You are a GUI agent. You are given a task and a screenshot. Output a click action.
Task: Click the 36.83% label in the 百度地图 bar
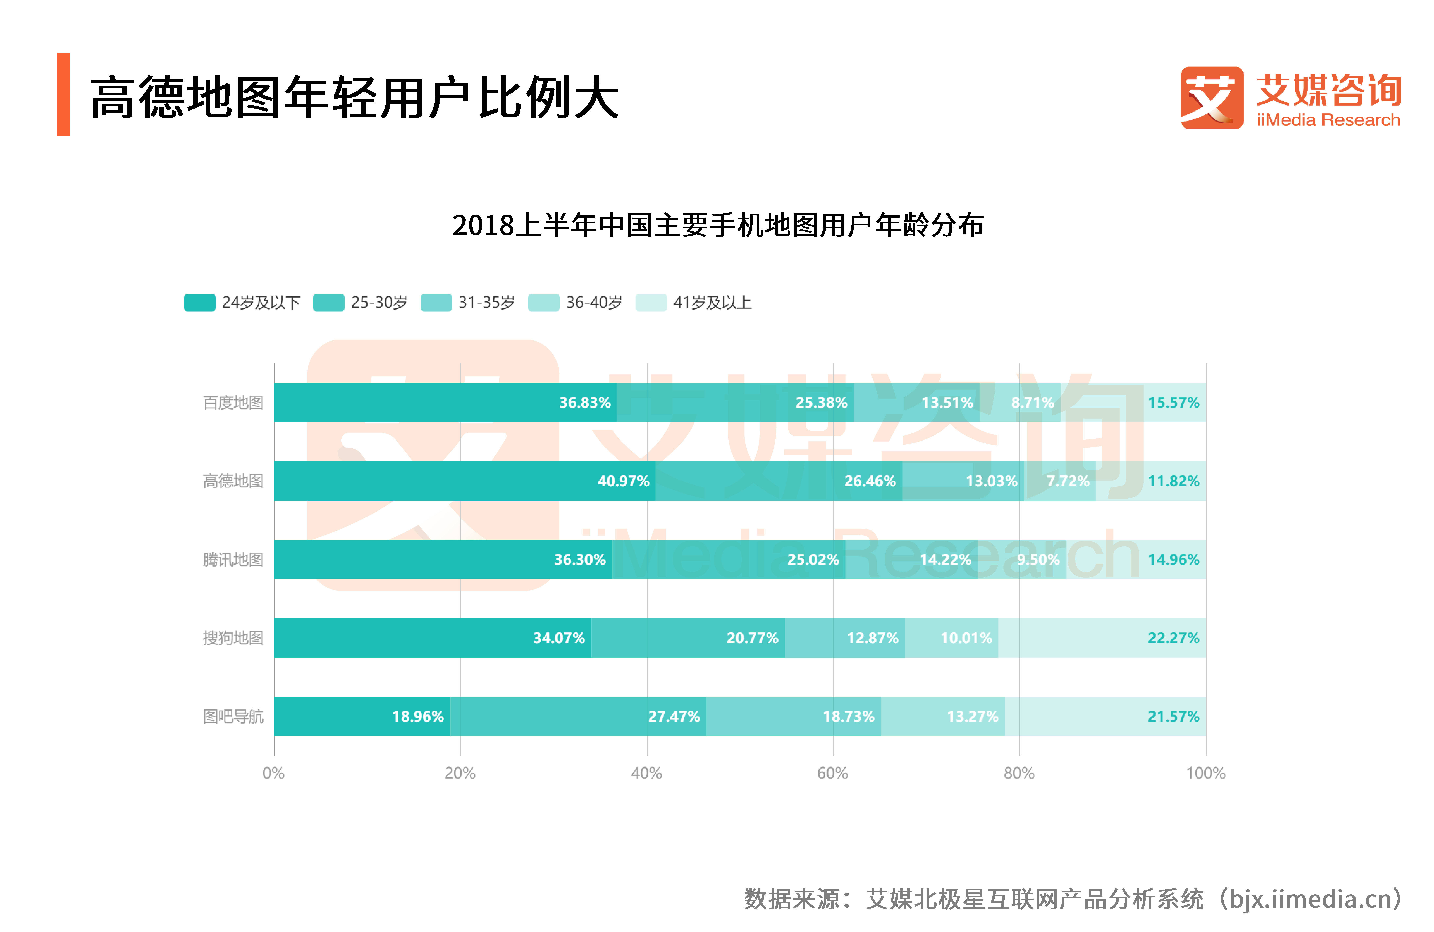click(x=584, y=402)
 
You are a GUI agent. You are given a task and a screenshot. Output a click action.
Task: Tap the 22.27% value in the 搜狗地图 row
click(x=1173, y=638)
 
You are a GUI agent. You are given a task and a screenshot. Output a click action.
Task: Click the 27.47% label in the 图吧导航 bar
click(x=674, y=716)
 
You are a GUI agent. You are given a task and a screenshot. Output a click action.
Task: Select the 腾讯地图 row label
click(x=233, y=560)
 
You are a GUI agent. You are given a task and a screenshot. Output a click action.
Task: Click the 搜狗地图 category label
click(x=233, y=638)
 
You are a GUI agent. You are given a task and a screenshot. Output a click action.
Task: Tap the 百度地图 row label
click(x=233, y=402)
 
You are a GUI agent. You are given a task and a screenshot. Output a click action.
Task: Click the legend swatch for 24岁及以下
click(x=199, y=303)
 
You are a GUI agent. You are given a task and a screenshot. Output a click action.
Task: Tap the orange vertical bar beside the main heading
click(x=63, y=94)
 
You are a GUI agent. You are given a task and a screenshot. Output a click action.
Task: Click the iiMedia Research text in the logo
click(x=1328, y=120)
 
